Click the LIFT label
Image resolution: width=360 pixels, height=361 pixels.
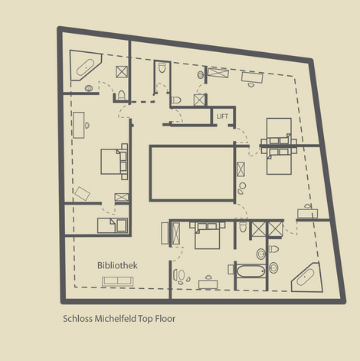[222, 117]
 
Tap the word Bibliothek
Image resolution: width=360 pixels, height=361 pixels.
[117, 265]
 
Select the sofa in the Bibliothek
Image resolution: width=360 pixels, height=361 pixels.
[117, 281]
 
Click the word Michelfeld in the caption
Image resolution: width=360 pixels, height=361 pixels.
[115, 319]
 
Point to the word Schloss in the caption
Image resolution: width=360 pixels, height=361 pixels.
[77, 319]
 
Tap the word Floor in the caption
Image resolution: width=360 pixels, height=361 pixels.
[165, 319]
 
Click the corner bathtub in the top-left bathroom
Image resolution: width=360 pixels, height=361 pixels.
[86, 65]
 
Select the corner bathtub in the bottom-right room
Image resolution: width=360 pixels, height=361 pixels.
[306, 277]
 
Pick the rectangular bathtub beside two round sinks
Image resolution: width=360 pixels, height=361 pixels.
[251, 271]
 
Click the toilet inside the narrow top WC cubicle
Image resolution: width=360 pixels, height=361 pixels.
[162, 67]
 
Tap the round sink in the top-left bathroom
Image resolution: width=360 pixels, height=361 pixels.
[89, 88]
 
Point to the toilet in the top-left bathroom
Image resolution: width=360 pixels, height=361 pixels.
[121, 95]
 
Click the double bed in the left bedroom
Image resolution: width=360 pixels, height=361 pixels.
[114, 162]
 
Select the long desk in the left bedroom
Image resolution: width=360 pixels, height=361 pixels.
[79, 125]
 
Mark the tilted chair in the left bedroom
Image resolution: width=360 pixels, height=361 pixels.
[82, 193]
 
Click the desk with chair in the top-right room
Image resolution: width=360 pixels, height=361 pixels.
[252, 78]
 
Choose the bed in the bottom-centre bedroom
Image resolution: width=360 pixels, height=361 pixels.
[207, 235]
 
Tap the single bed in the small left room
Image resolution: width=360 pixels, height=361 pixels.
[113, 225]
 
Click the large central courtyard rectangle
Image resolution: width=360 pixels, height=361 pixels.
[192, 173]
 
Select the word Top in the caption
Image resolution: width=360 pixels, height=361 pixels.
[146, 319]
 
